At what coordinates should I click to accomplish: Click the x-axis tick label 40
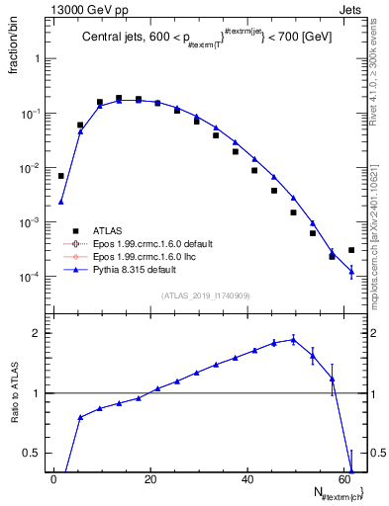tap(247, 479)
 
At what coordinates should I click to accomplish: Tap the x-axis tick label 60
tap(343, 479)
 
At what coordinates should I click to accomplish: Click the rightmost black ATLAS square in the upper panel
tap(351, 250)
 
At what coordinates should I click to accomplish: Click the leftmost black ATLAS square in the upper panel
tap(61, 176)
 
